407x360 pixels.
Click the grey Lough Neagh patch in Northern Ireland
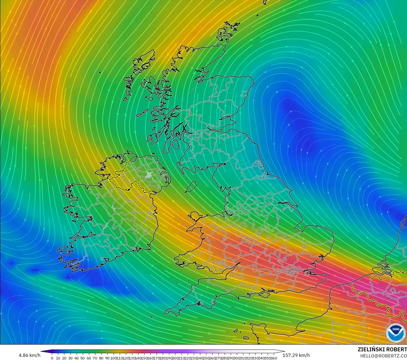(149, 175)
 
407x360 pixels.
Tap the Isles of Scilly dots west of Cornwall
(151, 317)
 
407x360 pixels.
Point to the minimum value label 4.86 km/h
(29, 355)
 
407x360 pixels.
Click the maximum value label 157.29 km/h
(296, 355)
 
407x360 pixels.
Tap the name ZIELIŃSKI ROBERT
(382, 349)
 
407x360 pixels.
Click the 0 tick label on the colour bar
(52, 358)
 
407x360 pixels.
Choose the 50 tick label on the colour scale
(83, 358)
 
